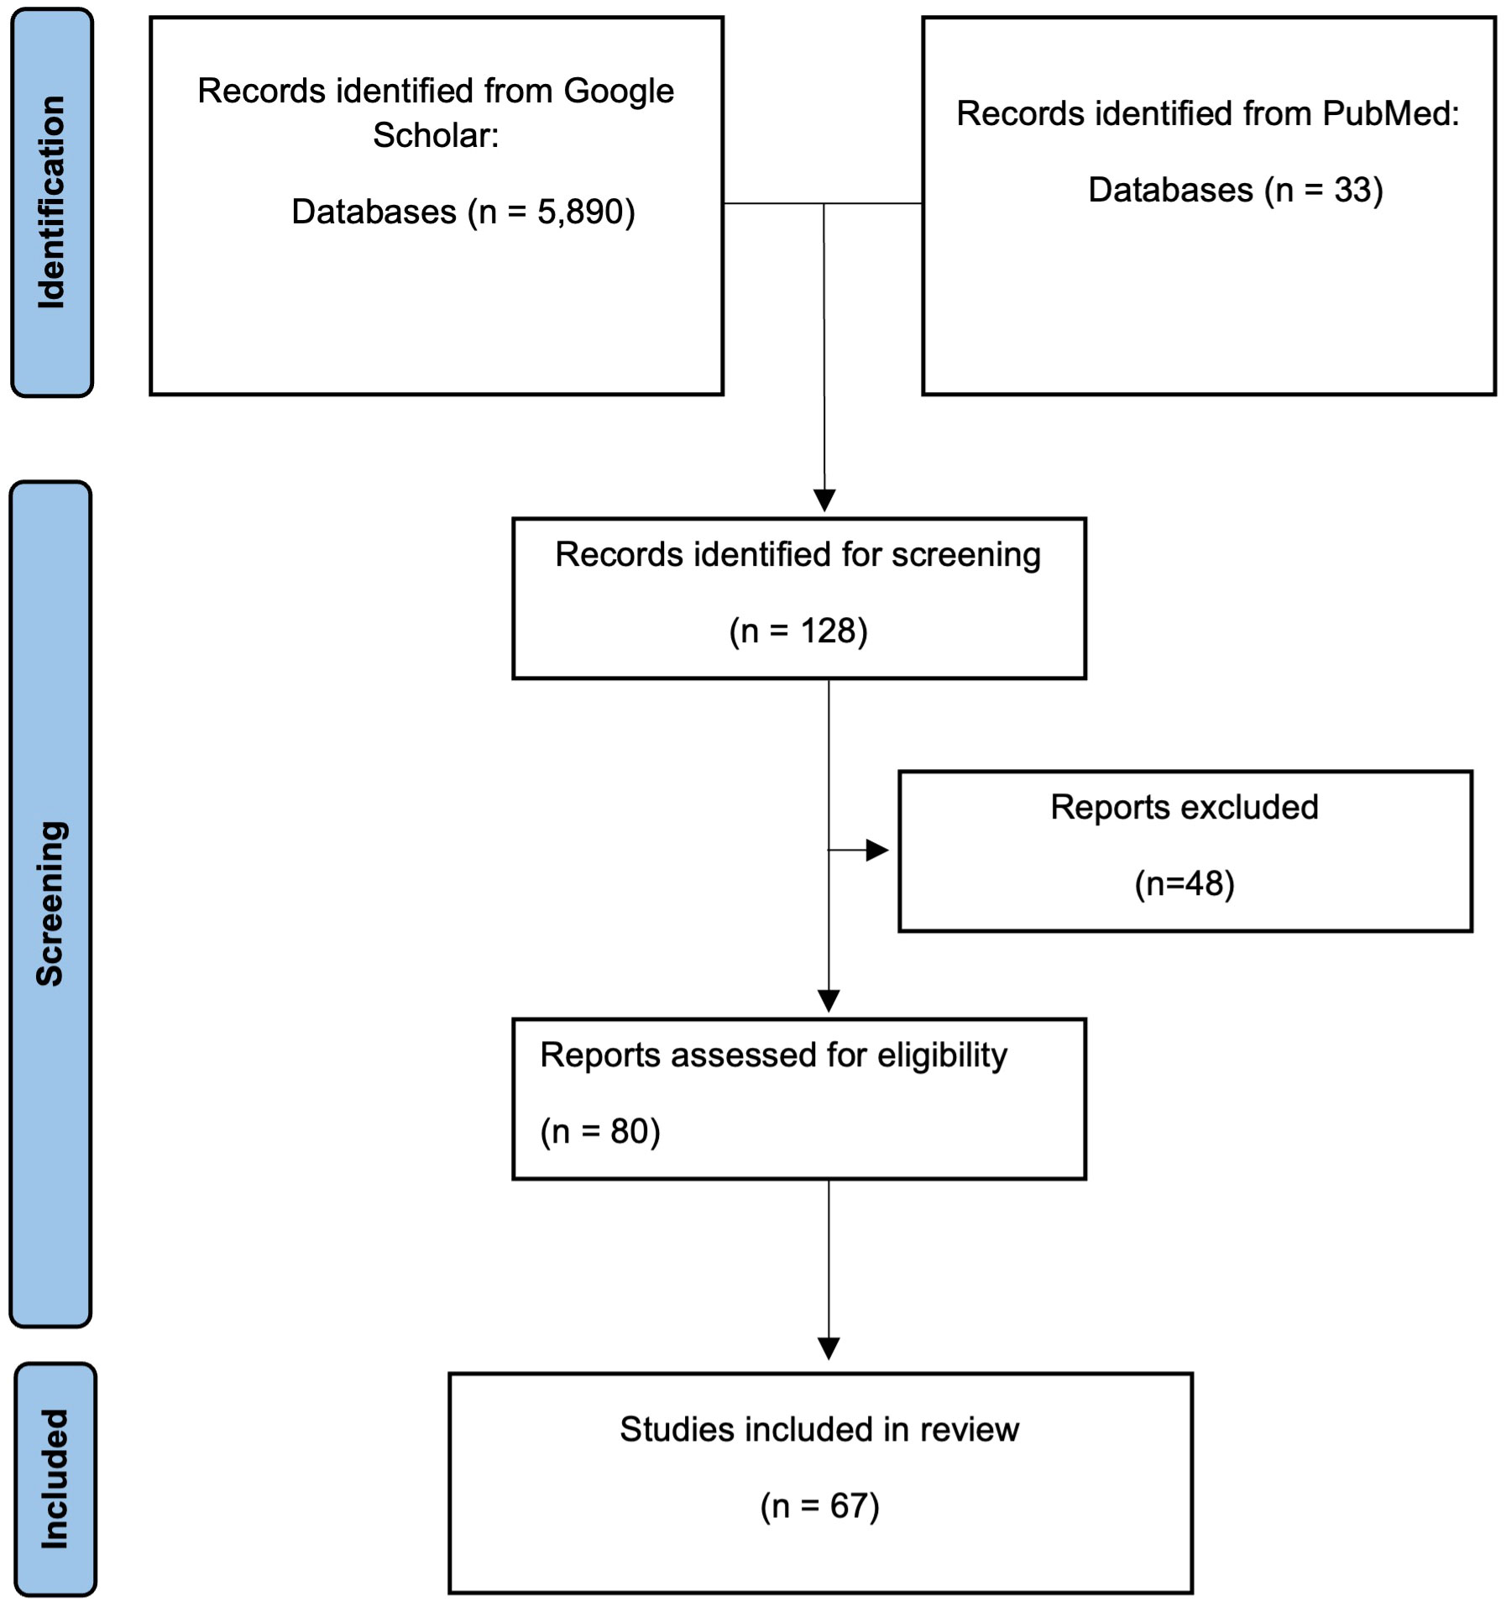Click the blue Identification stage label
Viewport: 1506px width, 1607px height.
click(52, 202)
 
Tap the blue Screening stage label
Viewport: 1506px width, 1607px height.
click(50, 903)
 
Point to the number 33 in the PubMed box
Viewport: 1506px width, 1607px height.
click(1352, 190)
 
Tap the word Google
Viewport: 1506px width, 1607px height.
click(618, 92)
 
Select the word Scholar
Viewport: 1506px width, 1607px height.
click(436, 135)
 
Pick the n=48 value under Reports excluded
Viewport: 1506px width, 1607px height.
click(1184, 883)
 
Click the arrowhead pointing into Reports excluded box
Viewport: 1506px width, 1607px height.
click(877, 851)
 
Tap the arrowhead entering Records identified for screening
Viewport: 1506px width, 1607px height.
click(824, 500)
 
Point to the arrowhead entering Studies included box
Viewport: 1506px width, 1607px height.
click(829, 1348)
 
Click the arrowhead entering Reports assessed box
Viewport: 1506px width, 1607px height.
click(829, 1002)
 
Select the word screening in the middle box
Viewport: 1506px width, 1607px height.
click(966, 556)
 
